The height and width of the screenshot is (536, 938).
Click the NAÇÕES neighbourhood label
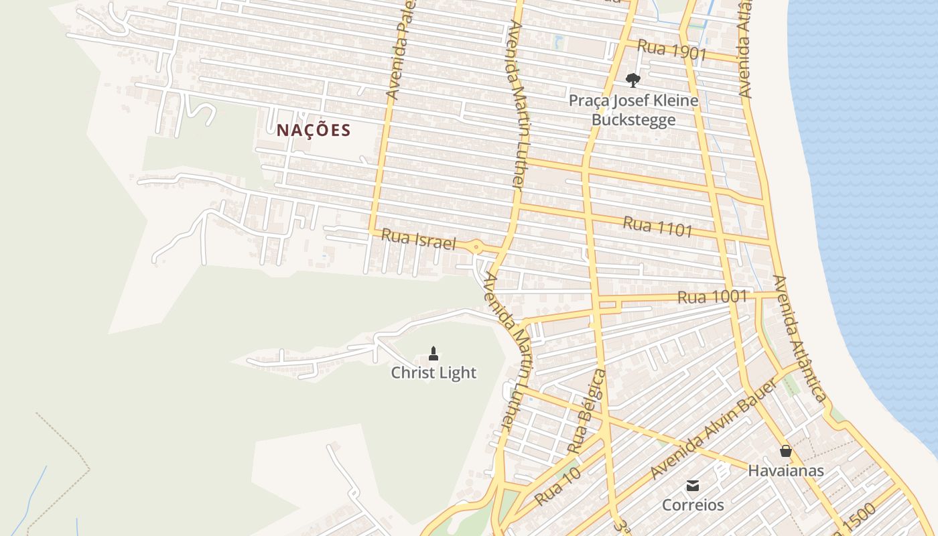[x=314, y=130]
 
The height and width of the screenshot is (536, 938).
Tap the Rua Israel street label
[x=418, y=239]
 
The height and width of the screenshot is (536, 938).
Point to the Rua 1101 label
[x=657, y=226]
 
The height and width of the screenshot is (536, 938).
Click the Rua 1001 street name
[x=712, y=296]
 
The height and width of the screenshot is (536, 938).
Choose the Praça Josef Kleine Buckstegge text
[x=633, y=110]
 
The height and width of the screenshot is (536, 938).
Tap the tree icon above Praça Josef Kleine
[x=632, y=81]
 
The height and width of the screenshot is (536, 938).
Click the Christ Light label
[x=433, y=373]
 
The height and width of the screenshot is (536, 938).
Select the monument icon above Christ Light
[x=433, y=353]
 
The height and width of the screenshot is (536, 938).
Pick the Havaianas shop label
[x=786, y=470]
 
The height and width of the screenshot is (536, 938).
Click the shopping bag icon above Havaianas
[x=786, y=451]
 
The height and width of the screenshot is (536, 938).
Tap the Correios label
[x=693, y=505]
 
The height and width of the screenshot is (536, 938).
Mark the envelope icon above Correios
[x=693, y=485]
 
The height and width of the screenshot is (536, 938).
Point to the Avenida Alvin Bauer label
[x=714, y=429]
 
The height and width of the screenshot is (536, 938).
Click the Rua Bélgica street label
[x=586, y=411]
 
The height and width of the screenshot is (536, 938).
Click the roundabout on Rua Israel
[x=476, y=247]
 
